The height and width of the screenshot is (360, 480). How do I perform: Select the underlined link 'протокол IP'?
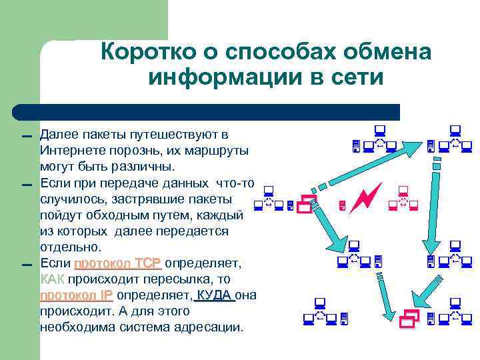pos(77,295)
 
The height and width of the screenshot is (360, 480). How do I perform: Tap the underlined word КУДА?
pos(214,295)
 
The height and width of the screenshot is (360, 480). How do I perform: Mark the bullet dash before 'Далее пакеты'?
pos(26,137)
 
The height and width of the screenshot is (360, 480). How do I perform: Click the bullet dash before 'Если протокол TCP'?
pos(26,265)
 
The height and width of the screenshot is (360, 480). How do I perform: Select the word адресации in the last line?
pos(211,327)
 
